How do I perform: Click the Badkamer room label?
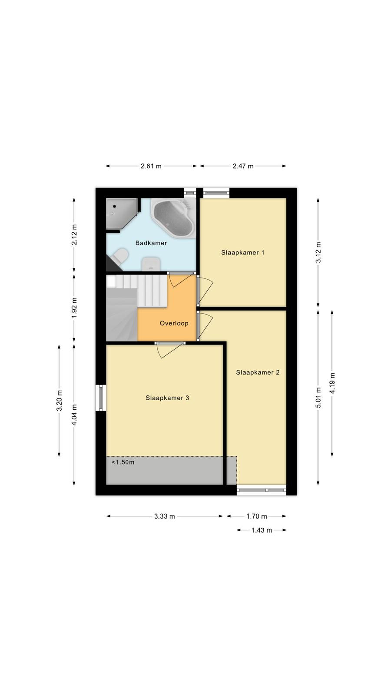[151, 243]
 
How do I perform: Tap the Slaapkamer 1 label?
[243, 253]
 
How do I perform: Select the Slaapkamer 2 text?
[258, 372]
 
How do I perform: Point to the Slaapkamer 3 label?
[167, 398]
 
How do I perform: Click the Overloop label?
[174, 323]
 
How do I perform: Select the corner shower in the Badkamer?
[122, 214]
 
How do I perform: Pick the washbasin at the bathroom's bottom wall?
[151, 264]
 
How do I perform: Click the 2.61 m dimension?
[151, 166]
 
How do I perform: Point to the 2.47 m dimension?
[243, 166]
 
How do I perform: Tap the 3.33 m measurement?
[165, 516]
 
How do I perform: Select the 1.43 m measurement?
[262, 530]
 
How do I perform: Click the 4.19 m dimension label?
[332, 383]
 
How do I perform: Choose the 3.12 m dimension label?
[318, 252]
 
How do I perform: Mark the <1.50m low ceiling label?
[123, 462]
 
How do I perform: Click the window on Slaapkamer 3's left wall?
[101, 398]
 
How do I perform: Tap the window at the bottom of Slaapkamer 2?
[261, 490]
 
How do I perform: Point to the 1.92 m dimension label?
[74, 308]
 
